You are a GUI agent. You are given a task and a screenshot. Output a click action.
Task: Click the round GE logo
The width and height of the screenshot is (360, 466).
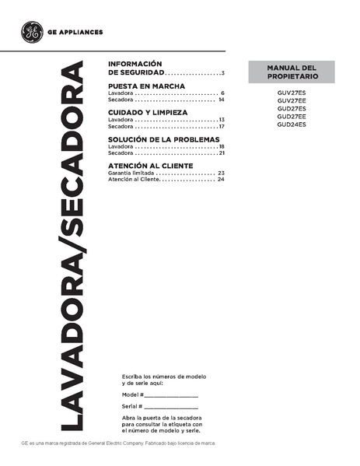[33, 33]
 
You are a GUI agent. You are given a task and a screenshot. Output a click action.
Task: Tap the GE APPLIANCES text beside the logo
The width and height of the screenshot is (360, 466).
[75, 33]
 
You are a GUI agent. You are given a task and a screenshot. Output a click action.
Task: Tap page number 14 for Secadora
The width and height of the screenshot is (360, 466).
[222, 100]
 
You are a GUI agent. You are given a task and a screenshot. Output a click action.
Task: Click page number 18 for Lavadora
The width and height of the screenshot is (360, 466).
[222, 146]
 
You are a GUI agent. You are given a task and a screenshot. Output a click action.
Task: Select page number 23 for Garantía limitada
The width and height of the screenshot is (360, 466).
[222, 173]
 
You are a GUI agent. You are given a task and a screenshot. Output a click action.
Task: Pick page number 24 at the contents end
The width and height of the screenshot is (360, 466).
[222, 180]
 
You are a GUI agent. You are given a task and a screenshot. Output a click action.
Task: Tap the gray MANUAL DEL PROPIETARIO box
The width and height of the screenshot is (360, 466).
[291, 74]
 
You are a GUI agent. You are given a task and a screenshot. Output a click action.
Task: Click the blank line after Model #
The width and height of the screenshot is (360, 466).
[171, 397]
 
